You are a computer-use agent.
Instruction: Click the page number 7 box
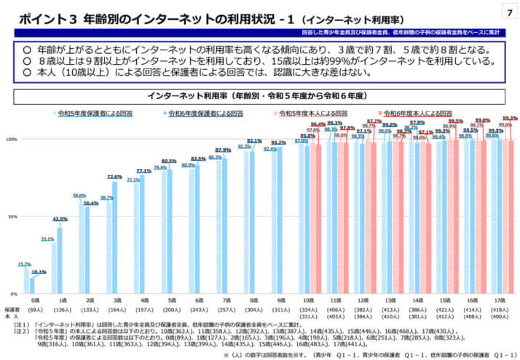(507, 12)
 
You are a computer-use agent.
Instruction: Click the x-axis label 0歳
(34, 300)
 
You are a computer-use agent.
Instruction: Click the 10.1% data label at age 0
(40, 272)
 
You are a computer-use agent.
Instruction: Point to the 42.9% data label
(60, 219)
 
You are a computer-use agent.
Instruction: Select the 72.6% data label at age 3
(114, 176)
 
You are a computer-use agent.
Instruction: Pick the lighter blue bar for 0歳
(26, 281)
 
